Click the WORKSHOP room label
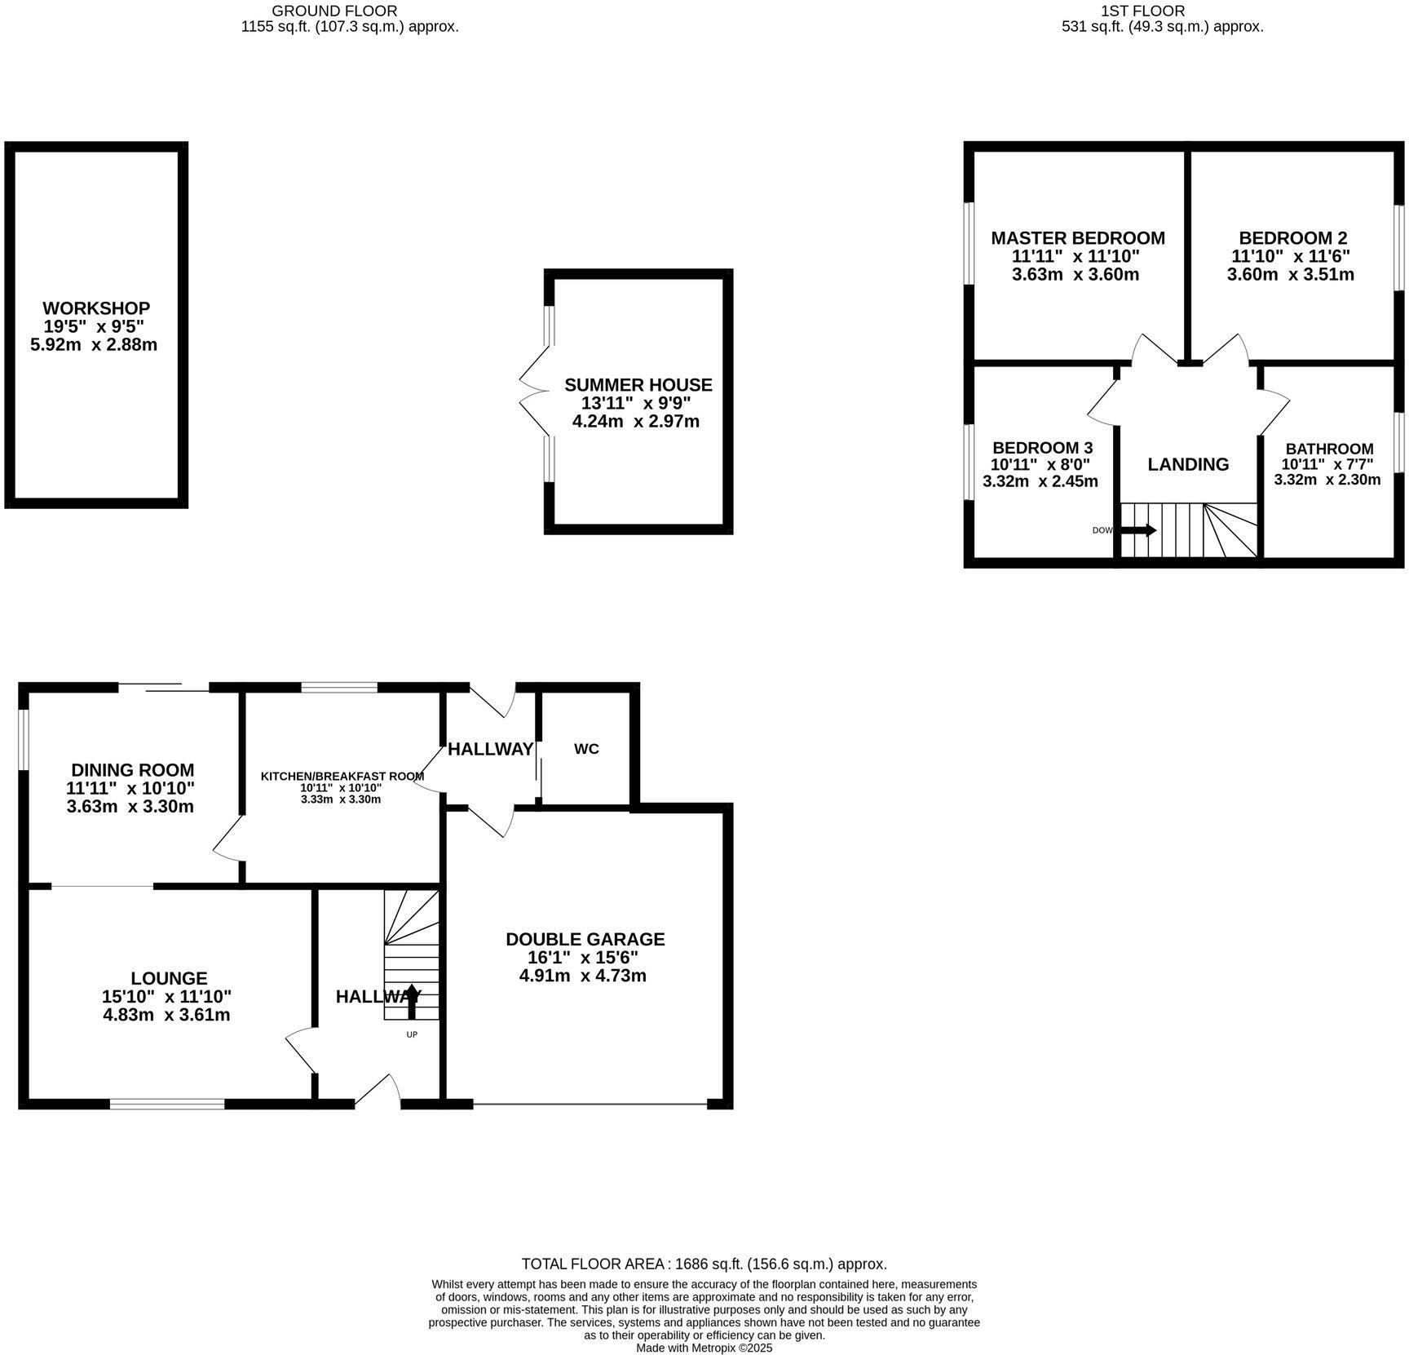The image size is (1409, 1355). point(96,308)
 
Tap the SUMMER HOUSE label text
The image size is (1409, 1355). point(638,385)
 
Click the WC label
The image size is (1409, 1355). point(586,749)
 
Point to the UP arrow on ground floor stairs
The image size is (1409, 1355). point(412,1002)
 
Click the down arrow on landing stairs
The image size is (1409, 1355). point(1138,530)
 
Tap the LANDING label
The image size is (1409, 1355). point(1187,464)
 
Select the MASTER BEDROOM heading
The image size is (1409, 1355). point(1077,238)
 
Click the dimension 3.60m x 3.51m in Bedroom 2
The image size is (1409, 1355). point(1290,275)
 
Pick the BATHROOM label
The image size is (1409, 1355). point(1328,449)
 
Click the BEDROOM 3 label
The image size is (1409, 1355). point(1041,448)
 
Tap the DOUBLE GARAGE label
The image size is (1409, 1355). point(585,939)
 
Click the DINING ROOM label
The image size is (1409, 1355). point(132,770)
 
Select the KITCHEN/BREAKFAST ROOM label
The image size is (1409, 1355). point(342,776)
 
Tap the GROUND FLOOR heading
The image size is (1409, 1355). point(334,11)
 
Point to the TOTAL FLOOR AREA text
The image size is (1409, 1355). point(704,1264)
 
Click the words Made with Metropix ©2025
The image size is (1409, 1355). point(704,1348)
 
